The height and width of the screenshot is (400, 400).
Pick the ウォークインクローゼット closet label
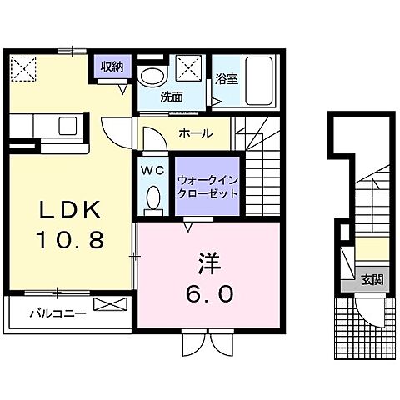pos(206,185)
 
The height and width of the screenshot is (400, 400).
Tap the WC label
pos(152,171)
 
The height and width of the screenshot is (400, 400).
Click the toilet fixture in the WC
pos(152,198)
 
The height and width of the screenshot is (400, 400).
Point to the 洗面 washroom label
pos(172,97)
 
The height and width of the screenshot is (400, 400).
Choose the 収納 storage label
pos(113,67)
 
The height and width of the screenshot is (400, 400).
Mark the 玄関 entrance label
pos(372,280)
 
